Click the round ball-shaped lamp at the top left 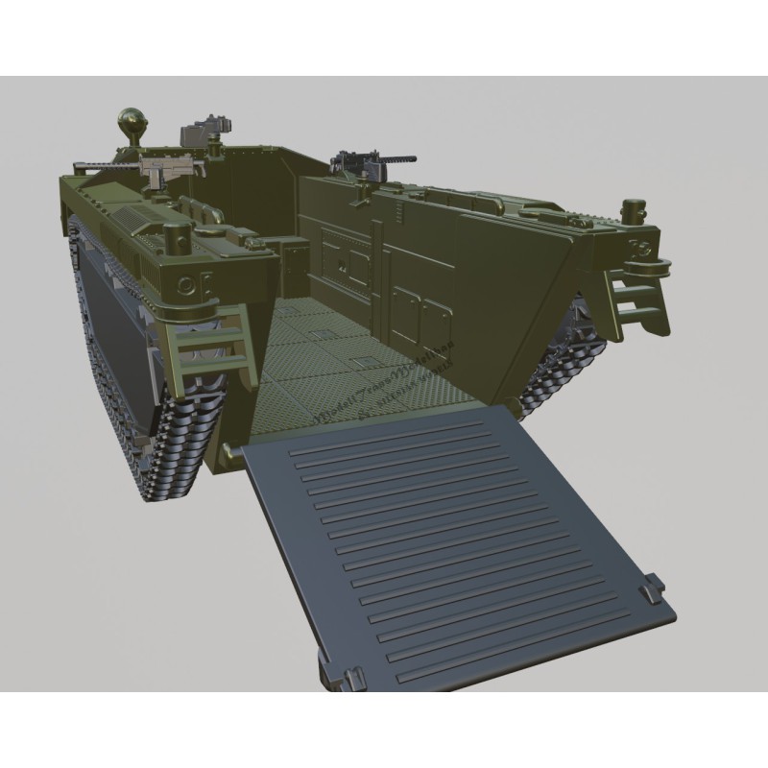click(x=132, y=122)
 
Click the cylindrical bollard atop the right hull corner click(x=634, y=208)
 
